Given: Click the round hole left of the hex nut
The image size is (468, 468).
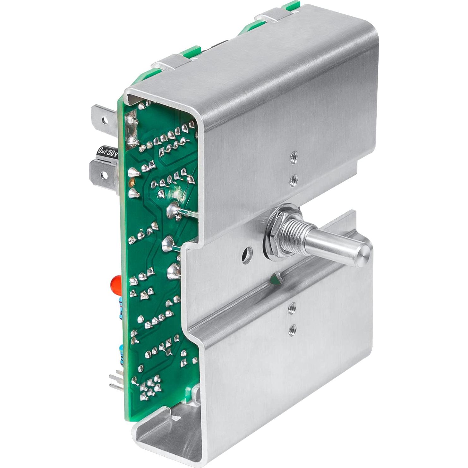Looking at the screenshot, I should click(247, 254).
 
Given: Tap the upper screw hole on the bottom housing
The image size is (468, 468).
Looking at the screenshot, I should click(292, 307).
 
